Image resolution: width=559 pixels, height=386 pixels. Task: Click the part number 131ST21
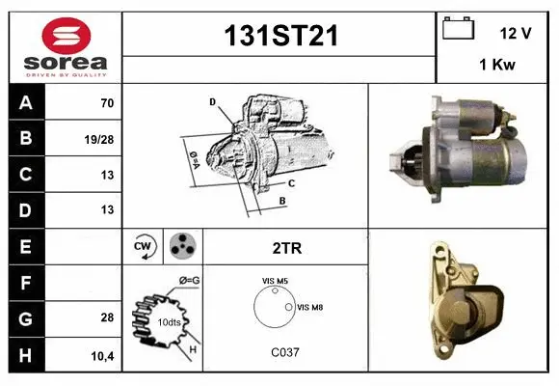coord(279,36)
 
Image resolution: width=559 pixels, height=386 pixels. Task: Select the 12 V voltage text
coord(516,33)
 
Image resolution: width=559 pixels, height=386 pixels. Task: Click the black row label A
coord(25,102)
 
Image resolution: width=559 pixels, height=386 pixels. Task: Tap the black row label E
coord(25,246)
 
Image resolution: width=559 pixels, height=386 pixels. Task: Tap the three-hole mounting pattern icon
coord(181,247)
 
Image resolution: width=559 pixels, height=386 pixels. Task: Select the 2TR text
coord(287,248)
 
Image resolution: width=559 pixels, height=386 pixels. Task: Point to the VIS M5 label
coord(276,281)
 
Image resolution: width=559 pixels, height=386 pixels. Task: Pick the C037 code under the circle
coord(285,352)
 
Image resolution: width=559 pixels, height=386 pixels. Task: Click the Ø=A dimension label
coord(192,156)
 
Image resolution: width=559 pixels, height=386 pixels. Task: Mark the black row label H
coord(25,354)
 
